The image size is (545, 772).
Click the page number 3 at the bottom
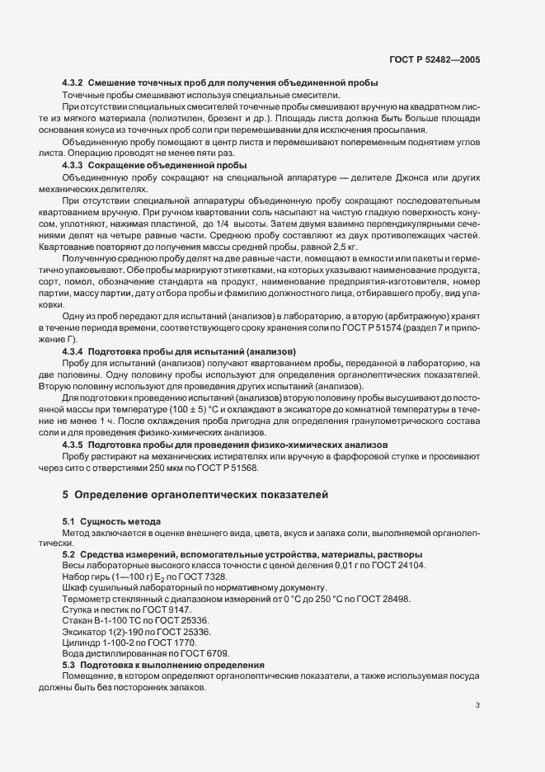pyautogui.click(x=479, y=704)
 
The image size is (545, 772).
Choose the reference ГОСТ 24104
pyautogui.click(x=396, y=565)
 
